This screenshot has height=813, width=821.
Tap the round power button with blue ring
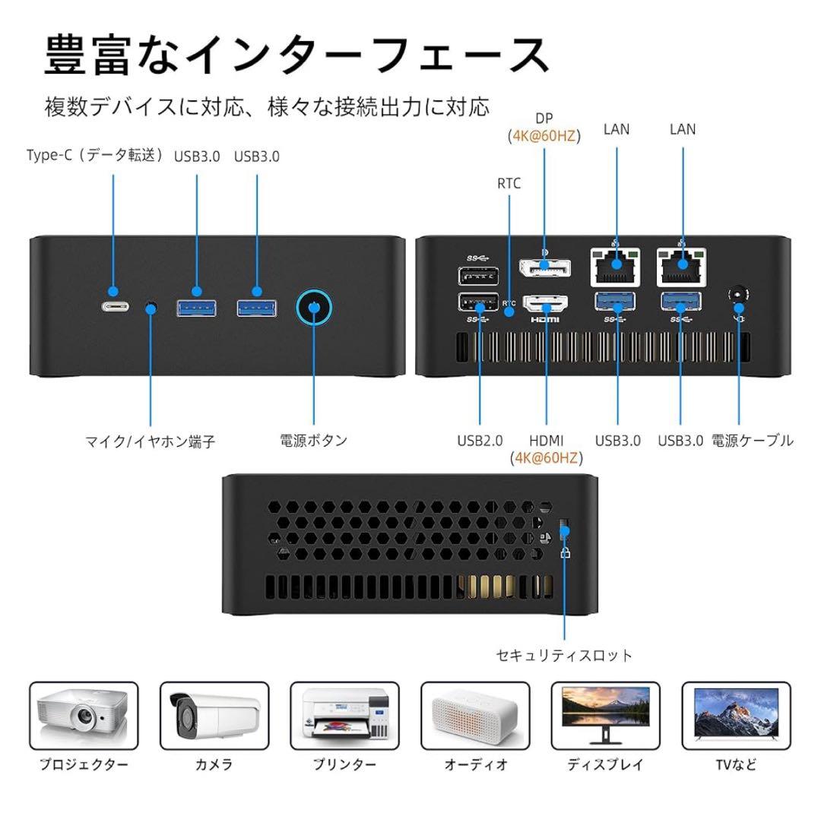tap(315, 307)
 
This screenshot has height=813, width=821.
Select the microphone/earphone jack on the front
tap(151, 307)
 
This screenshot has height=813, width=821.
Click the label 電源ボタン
tap(314, 440)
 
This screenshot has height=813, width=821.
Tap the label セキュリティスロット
tap(564, 655)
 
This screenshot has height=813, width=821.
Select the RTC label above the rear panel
tap(509, 184)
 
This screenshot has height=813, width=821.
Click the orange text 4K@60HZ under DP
tap(544, 136)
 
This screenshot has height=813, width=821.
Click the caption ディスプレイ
tap(606, 765)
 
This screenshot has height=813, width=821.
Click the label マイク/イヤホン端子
tap(151, 441)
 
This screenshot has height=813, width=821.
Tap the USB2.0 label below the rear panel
tap(480, 440)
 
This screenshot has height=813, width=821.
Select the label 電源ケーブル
tap(753, 440)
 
